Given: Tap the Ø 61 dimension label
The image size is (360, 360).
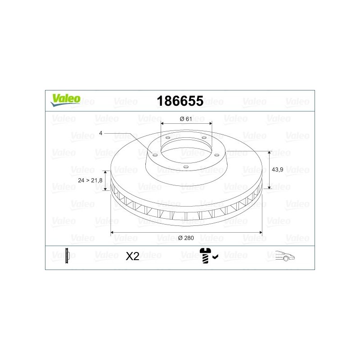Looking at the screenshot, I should click(185, 119).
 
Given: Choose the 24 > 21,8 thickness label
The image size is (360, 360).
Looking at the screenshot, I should click(90, 180).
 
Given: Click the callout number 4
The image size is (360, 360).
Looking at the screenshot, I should click(101, 133).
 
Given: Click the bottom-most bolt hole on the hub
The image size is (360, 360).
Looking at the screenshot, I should click(186, 166).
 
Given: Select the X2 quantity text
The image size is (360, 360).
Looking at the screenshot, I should click(132, 256).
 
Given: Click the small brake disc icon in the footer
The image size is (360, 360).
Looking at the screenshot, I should click(67, 256).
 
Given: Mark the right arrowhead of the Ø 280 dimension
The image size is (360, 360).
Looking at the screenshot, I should click(261, 232).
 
